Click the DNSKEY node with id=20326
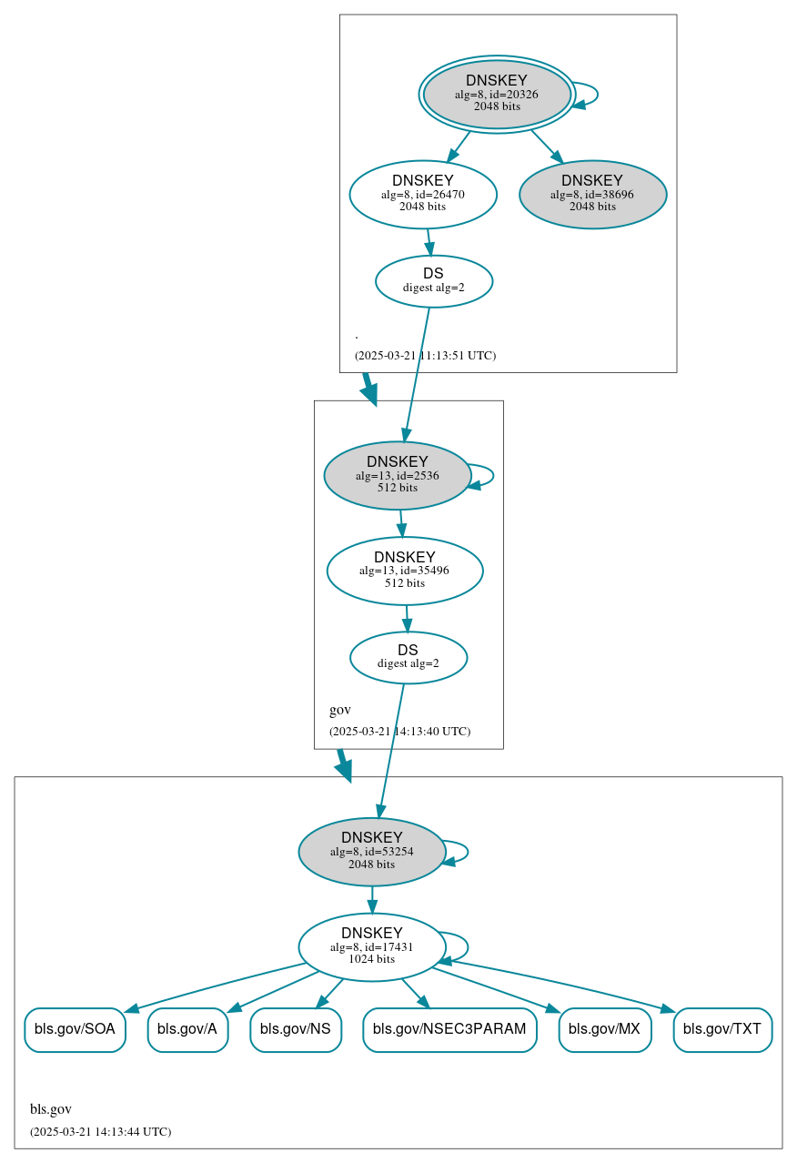point(497,94)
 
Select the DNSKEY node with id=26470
point(423,194)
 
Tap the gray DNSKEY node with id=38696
point(592,194)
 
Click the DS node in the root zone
point(434,281)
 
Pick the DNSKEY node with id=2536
point(397,475)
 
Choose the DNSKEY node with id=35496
point(405,571)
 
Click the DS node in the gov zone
point(409,657)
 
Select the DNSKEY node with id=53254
point(372,852)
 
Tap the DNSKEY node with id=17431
point(372,946)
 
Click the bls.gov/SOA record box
point(75,1029)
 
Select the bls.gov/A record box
point(187,1029)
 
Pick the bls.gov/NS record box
point(296,1029)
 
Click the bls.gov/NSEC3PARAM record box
point(449,1029)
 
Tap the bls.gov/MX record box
point(605,1029)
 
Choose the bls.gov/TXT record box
point(722,1029)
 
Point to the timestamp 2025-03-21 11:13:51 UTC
point(425,355)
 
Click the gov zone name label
point(339,710)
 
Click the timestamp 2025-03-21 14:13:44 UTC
point(100,1132)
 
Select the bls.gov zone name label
point(51,1109)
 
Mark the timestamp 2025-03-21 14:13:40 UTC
point(399,731)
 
